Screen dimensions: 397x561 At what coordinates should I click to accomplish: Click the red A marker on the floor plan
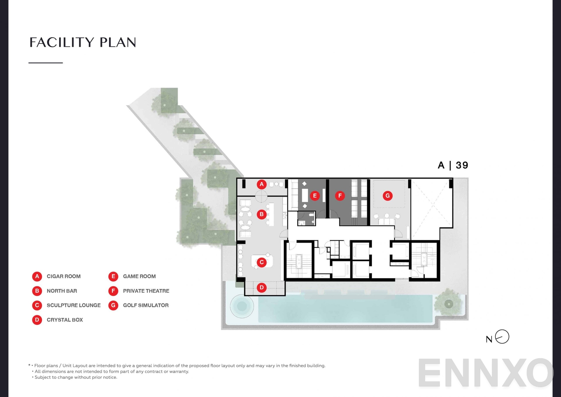[262, 184]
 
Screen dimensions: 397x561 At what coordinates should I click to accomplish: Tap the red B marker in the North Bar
[262, 214]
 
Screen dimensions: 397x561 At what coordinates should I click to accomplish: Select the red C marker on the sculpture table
[262, 262]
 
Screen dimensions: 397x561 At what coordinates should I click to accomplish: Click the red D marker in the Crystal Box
[262, 288]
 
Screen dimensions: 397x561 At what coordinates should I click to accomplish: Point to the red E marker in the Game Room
[315, 196]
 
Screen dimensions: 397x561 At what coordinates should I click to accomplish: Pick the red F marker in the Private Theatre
[340, 196]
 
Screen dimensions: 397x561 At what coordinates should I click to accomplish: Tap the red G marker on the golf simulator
[387, 196]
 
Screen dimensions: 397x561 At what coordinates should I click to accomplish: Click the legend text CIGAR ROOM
[63, 276]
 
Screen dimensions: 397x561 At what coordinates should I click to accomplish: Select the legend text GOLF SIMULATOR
[146, 305]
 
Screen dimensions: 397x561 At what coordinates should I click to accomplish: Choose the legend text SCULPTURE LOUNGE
[74, 305]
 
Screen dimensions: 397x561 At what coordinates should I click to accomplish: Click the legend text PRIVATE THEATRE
[146, 291]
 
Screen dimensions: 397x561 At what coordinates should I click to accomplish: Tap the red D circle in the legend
[37, 320]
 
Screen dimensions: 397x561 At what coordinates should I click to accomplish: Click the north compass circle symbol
[502, 337]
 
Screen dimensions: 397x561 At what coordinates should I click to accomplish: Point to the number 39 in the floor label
[462, 165]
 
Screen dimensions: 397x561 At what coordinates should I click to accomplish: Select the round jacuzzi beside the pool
[242, 306]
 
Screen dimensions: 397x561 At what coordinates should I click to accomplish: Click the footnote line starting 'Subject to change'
[76, 377]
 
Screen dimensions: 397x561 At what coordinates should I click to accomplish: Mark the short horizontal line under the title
[46, 63]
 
